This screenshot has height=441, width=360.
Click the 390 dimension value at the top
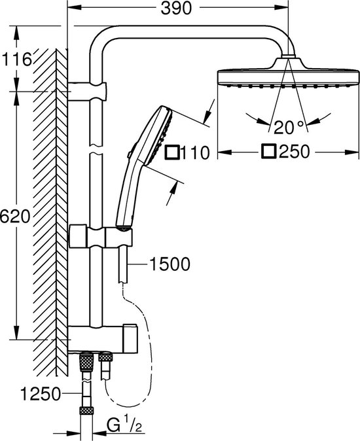(176, 8)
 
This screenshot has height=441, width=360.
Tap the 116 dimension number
(16, 60)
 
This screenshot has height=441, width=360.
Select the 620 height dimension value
(14, 216)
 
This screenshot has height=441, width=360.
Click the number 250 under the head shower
(294, 152)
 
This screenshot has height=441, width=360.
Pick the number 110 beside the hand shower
(196, 153)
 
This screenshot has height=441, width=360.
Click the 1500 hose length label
(170, 264)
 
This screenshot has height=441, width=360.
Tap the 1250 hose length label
(41, 394)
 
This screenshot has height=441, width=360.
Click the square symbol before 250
(268, 152)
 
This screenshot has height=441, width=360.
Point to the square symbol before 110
(172, 152)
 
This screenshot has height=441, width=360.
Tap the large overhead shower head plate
(289, 78)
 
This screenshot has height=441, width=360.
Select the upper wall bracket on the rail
(87, 92)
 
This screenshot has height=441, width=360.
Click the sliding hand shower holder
(118, 237)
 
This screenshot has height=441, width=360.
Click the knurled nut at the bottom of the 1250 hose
(86, 410)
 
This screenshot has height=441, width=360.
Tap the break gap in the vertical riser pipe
(96, 149)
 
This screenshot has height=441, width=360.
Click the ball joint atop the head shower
(287, 56)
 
